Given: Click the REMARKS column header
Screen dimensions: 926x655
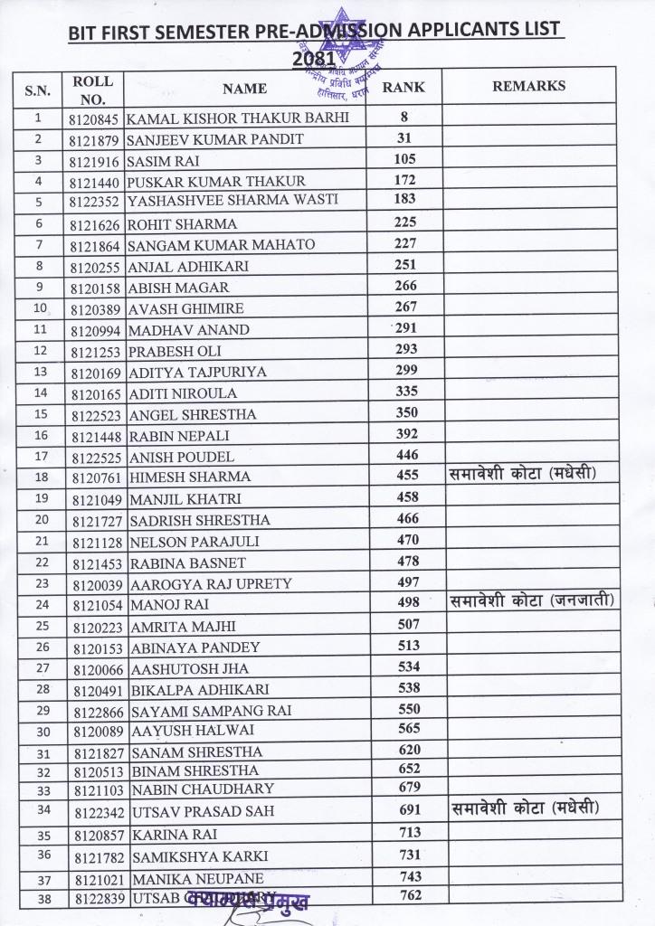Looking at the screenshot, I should click(x=528, y=86).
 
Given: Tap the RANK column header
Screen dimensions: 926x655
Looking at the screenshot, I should click(x=403, y=88).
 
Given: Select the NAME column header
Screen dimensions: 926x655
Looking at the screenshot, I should click(x=244, y=89).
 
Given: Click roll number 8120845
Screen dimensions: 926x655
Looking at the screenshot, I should click(x=92, y=118).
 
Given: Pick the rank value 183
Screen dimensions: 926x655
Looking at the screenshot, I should click(x=404, y=199).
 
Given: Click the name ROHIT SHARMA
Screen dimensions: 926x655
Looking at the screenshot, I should click(x=183, y=223).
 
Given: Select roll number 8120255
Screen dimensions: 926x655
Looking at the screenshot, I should click(x=93, y=267).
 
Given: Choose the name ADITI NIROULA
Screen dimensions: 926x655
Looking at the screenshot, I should click(x=184, y=393).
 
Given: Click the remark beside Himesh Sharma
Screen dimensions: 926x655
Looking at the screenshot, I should click(x=525, y=475).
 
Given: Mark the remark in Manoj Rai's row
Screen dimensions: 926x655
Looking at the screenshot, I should click(x=531, y=600).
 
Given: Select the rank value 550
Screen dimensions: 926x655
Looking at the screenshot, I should click(x=410, y=709).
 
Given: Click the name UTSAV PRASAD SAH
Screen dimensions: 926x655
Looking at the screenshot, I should click(x=203, y=812).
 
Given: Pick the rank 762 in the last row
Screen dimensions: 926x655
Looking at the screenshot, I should click(x=410, y=896).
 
